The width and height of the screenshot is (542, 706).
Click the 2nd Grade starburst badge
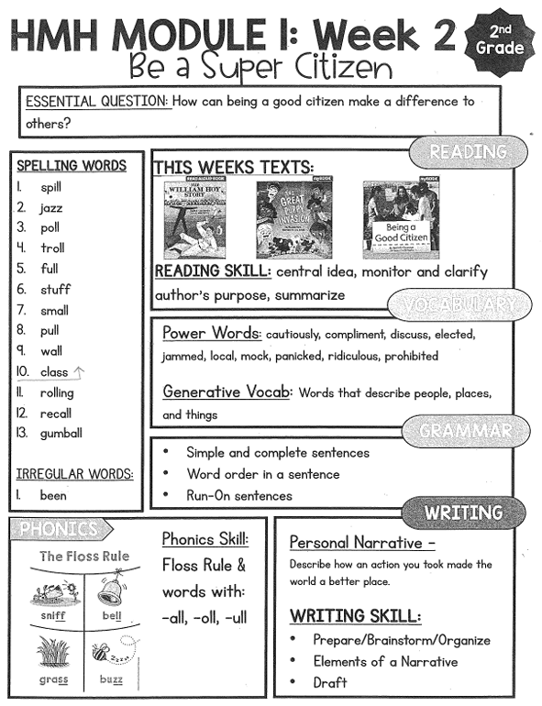click(500, 39)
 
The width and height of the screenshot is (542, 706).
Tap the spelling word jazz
click(51, 208)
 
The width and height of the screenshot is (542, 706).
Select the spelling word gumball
click(61, 433)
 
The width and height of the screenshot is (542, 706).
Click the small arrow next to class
click(79, 372)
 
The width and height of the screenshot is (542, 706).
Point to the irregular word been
click(53, 495)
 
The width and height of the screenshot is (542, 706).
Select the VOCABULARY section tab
click(459, 304)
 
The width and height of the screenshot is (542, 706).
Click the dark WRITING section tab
click(464, 512)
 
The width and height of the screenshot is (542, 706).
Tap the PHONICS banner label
click(59, 529)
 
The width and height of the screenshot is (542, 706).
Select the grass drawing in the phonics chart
click(54, 653)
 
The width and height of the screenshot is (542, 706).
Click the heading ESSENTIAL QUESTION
click(97, 101)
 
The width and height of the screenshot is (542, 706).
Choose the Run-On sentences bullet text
click(238, 495)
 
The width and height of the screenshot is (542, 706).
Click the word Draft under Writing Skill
click(330, 682)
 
